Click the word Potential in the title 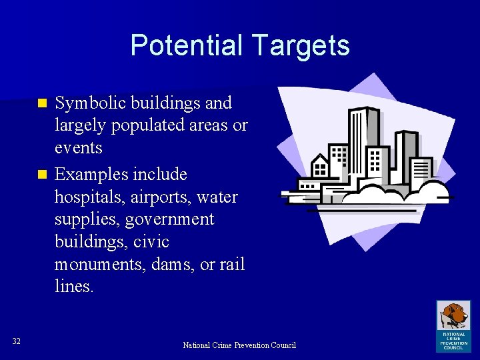(187, 45)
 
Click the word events (78, 147)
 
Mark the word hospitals (86, 197)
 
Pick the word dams (173, 265)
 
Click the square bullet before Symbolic (42, 104)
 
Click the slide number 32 (17, 341)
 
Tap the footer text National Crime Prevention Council (239, 345)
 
